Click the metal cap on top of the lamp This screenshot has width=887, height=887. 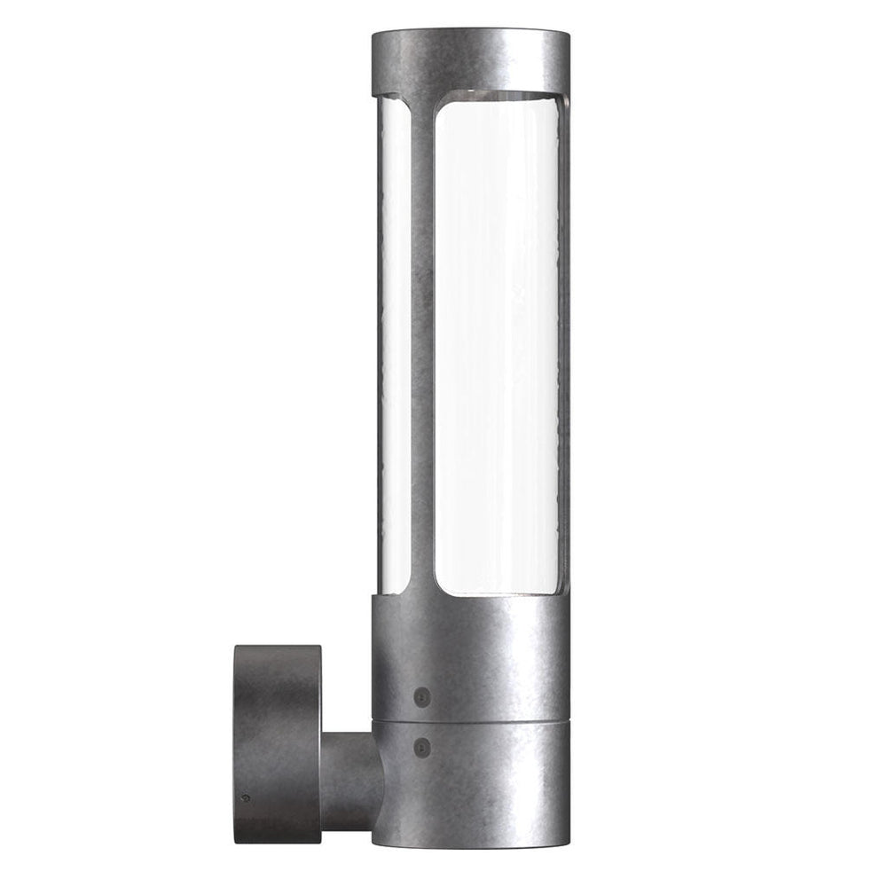[x=467, y=59]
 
